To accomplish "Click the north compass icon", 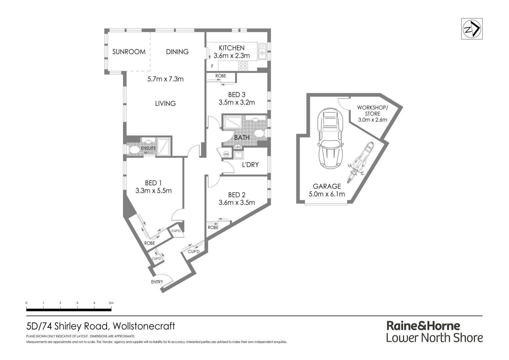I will click(472, 29).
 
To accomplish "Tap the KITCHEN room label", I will click(232, 48).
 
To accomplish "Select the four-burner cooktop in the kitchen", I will click(243, 66).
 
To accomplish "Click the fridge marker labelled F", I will click(212, 66).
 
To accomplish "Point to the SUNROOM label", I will click(129, 52).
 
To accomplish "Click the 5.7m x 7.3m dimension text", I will click(165, 79).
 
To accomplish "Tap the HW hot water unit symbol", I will click(226, 154).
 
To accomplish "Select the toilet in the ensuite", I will click(134, 150).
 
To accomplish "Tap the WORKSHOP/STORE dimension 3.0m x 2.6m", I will click(372, 120).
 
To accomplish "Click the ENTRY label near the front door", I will click(157, 282).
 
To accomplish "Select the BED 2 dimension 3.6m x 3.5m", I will click(237, 202).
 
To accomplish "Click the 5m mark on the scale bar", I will click(111, 303).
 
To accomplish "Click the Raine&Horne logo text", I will click(423, 325).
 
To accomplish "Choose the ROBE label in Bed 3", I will click(220, 76).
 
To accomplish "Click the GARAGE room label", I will click(327, 186).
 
